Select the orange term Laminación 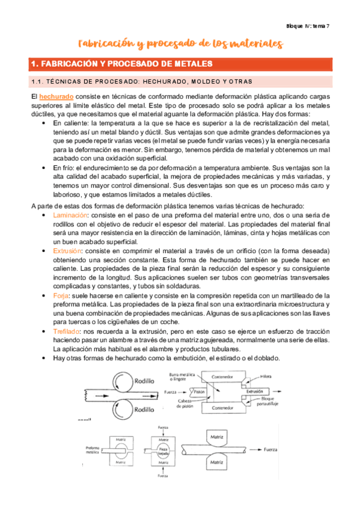click(68, 215)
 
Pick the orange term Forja click(61, 296)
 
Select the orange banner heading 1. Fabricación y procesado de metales click(121, 63)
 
